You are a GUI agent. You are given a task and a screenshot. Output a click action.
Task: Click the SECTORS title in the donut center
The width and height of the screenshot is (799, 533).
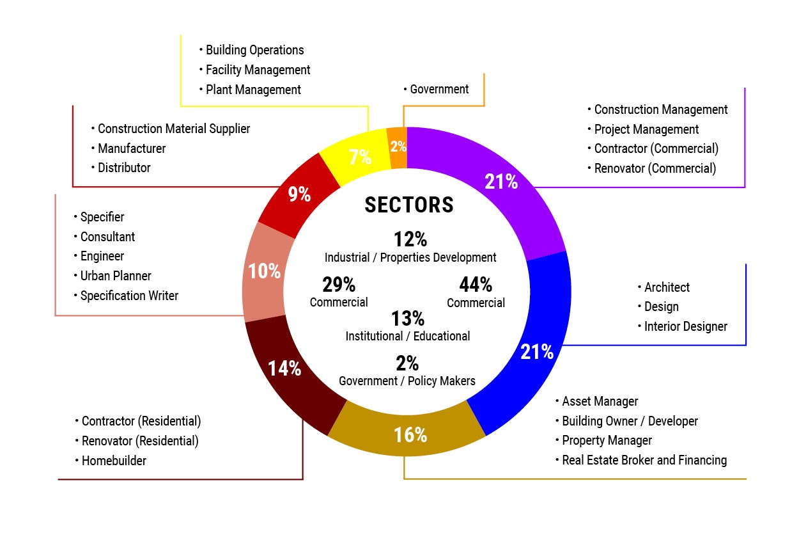click(x=409, y=205)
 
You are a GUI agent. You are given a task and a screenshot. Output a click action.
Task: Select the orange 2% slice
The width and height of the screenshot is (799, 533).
click(x=398, y=147)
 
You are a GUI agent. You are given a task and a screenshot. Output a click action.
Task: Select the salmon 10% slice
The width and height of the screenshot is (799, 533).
click(x=264, y=271)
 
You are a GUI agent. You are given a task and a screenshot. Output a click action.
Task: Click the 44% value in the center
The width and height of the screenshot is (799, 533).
click(x=476, y=284)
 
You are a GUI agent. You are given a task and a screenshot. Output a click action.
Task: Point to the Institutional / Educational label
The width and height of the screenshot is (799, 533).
click(x=408, y=336)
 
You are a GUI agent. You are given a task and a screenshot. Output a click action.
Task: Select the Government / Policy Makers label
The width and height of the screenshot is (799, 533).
click(x=407, y=381)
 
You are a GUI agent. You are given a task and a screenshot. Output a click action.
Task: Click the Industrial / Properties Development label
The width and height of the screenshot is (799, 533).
click(x=410, y=258)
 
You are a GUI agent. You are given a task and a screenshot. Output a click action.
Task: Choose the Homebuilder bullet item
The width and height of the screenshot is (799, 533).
click(x=114, y=461)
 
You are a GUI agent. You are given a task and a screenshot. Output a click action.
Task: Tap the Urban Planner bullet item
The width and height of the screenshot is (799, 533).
click(x=116, y=276)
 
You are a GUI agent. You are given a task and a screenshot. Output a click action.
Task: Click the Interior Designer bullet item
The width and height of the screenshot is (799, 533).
click(x=685, y=326)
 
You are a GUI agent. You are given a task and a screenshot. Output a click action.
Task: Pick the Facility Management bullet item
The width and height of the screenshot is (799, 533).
click(x=258, y=70)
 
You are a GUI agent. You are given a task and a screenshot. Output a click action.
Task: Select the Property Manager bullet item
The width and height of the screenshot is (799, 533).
click(x=607, y=440)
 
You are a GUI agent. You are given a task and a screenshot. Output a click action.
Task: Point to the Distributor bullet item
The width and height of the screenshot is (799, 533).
click(x=124, y=168)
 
